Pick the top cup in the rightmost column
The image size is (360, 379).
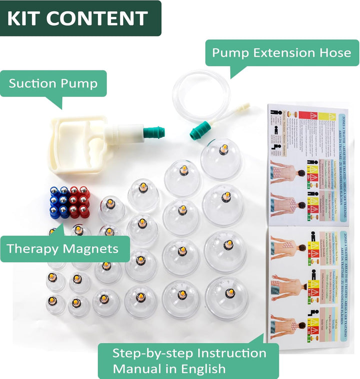point(222,157)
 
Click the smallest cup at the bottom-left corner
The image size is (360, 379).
point(55,304)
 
